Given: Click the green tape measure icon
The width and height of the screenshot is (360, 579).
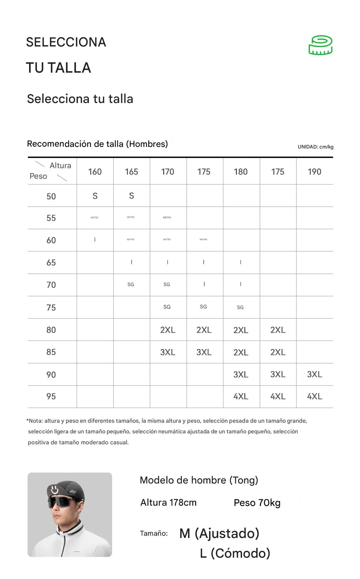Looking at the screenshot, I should coord(320,45).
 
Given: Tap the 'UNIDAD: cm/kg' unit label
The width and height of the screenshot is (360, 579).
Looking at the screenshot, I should coord(315,147).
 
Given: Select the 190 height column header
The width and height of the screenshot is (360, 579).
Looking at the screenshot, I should coord(314,172).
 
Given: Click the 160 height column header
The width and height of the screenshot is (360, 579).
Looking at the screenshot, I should coord(95,172).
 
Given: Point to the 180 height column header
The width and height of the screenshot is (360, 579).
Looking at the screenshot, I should coord(241,172).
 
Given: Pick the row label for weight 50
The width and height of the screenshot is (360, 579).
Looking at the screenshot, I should coord(51,196).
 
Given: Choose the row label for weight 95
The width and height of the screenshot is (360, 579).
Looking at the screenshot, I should coord(51,397).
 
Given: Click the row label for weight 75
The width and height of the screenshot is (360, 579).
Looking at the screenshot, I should coord(51,308).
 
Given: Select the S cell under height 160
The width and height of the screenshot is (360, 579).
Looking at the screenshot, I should coord(95,196).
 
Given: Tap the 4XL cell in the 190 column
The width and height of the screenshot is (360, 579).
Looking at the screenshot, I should coord(314,397).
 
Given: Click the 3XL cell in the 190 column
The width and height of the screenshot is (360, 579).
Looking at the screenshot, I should coord(314,374).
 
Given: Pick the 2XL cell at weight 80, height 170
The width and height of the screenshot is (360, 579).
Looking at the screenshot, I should coord(168,330).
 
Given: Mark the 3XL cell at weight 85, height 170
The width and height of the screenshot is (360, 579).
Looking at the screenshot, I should coord(168,352).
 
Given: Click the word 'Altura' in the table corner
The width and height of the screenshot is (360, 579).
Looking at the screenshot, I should coord(60,166).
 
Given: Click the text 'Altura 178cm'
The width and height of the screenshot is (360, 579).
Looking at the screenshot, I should coord(168,503).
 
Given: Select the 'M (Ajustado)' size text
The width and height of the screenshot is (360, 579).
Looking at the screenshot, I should coord(219,533).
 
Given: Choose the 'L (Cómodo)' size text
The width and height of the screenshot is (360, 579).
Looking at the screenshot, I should coord(235,553).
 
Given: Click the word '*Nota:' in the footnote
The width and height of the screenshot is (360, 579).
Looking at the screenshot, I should coord(35,421).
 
